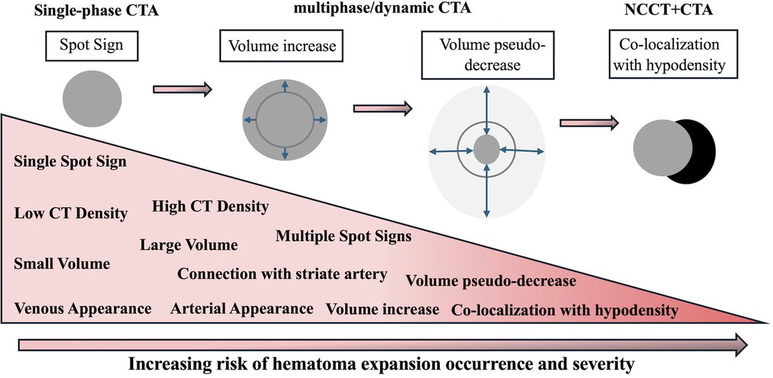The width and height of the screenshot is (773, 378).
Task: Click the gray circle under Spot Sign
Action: click(91, 97)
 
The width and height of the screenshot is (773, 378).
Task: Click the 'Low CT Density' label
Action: click(71, 213)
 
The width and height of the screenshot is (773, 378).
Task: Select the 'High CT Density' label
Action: click(211, 206)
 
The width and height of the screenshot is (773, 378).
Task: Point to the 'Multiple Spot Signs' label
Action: click(343, 236)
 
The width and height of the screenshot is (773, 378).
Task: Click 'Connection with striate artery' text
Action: click(283, 274)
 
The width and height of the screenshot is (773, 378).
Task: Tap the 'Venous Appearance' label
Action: click(83, 309)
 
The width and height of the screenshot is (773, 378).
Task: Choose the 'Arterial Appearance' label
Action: click(242, 309)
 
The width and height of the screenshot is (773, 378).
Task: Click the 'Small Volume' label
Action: click(62, 264)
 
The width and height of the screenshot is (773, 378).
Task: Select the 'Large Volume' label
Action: click(189, 245)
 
